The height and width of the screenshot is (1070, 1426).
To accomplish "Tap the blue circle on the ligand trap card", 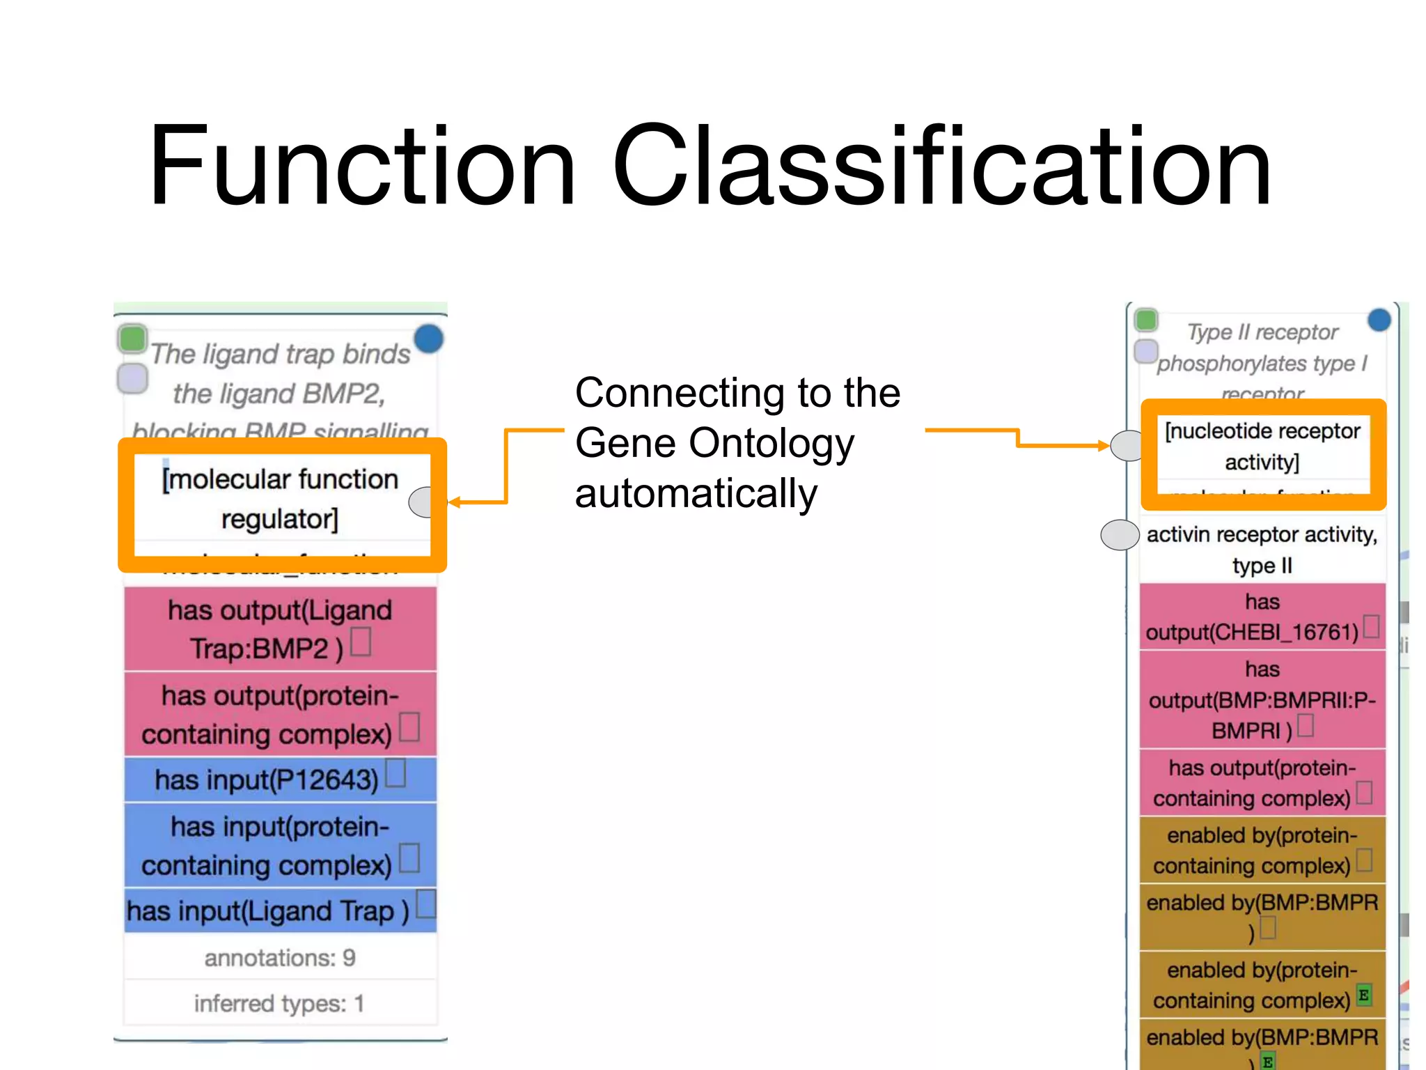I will tap(429, 339).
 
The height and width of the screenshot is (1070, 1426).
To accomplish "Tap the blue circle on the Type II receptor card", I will tap(1379, 320).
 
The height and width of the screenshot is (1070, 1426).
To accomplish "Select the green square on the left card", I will tap(132, 339).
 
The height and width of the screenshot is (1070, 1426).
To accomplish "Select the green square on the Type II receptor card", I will tap(1146, 320).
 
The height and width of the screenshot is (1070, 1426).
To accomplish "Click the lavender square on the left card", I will tap(132, 378).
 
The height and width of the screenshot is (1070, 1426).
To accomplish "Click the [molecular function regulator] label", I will tap(280, 498).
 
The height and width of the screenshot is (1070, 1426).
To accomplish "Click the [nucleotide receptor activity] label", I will tap(1262, 446).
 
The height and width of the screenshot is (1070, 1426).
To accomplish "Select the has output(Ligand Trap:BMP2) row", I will tap(280, 629).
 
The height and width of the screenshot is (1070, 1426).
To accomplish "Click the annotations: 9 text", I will tap(280, 958).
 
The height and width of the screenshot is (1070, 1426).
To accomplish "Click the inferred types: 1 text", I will tap(280, 1003).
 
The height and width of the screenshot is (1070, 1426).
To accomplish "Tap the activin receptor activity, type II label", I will tap(1262, 549).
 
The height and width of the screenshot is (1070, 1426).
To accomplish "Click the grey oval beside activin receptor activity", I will tap(1120, 535).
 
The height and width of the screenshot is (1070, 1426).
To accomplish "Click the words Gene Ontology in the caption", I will tap(714, 443).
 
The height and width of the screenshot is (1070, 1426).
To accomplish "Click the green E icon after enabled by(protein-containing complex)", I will tap(1363, 995).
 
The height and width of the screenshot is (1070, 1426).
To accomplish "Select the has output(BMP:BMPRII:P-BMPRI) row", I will tap(1262, 699).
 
